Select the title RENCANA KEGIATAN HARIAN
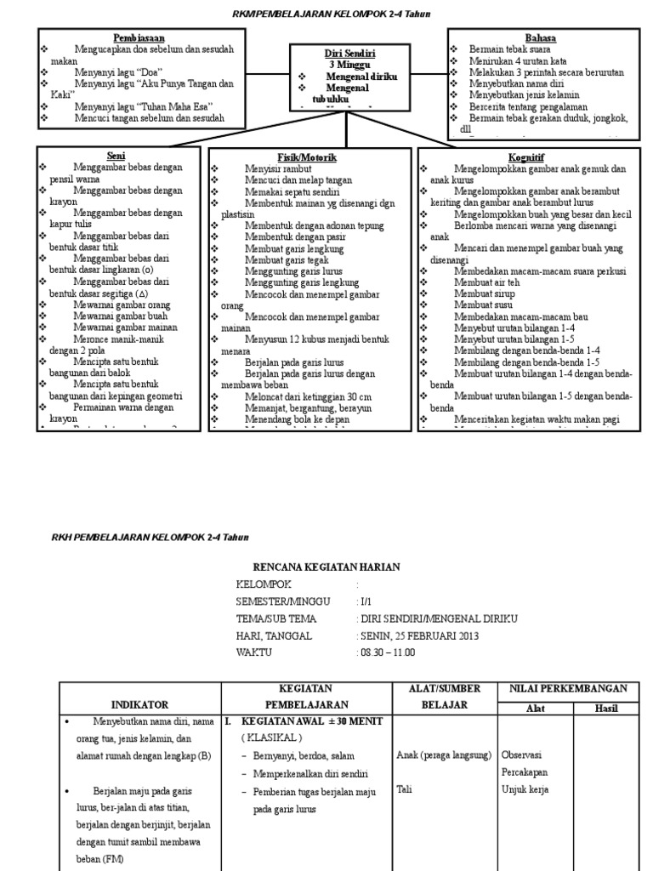(326, 567)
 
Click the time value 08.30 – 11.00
(388, 652)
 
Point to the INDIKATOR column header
(140, 704)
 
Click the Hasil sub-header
(606, 708)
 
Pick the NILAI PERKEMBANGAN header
(568, 688)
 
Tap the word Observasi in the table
(523, 754)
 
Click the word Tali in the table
(405, 789)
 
